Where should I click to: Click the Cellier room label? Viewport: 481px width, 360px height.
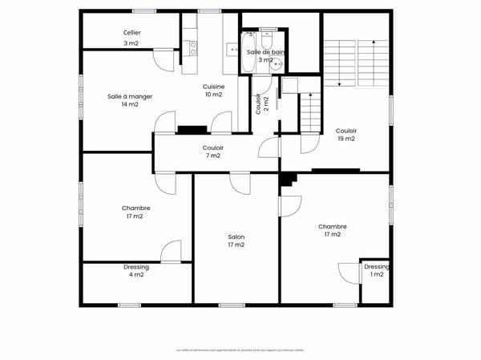pos(132,38)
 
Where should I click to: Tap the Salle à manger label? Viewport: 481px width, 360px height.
pos(130,100)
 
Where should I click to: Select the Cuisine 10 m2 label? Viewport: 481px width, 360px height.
pos(213,91)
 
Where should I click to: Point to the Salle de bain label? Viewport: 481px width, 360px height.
pos(265,55)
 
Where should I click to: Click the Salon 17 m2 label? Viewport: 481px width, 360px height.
pos(236,241)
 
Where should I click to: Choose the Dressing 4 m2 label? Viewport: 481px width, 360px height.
pos(135,271)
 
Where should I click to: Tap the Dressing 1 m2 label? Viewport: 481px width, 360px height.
pos(376,270)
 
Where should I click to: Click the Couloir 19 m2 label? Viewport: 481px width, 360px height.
pos(346,135)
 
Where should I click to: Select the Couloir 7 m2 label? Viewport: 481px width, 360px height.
pos(213,152)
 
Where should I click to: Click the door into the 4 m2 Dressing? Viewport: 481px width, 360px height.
pos(171,252)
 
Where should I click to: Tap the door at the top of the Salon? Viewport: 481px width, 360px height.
pos(240,184)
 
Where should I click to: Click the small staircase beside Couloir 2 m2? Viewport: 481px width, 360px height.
pos(310,112)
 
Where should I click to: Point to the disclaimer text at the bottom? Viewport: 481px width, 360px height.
pos(240,350)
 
